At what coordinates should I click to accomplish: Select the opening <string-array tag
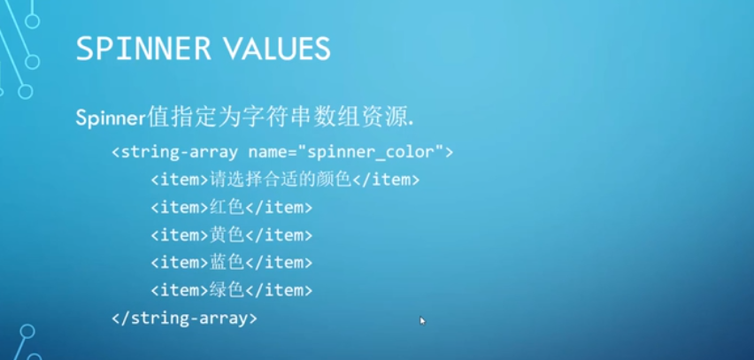[x=176, y=152]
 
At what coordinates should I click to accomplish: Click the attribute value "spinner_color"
[x=384, y=152]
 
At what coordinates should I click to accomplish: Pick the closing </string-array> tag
[x=184, y=317]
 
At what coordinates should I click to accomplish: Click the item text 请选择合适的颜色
[x=281, y=180]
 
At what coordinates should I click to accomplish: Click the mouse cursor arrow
[x=422, y=320]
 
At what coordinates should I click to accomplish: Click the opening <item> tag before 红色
[x=180, y=207]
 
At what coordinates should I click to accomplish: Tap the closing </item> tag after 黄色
[x=280, y=234]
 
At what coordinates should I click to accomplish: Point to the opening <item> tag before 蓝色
[x=180, y=262]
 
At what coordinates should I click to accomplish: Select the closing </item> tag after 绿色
[x=280, y=289]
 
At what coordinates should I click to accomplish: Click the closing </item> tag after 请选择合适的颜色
[x=386, y=180]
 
